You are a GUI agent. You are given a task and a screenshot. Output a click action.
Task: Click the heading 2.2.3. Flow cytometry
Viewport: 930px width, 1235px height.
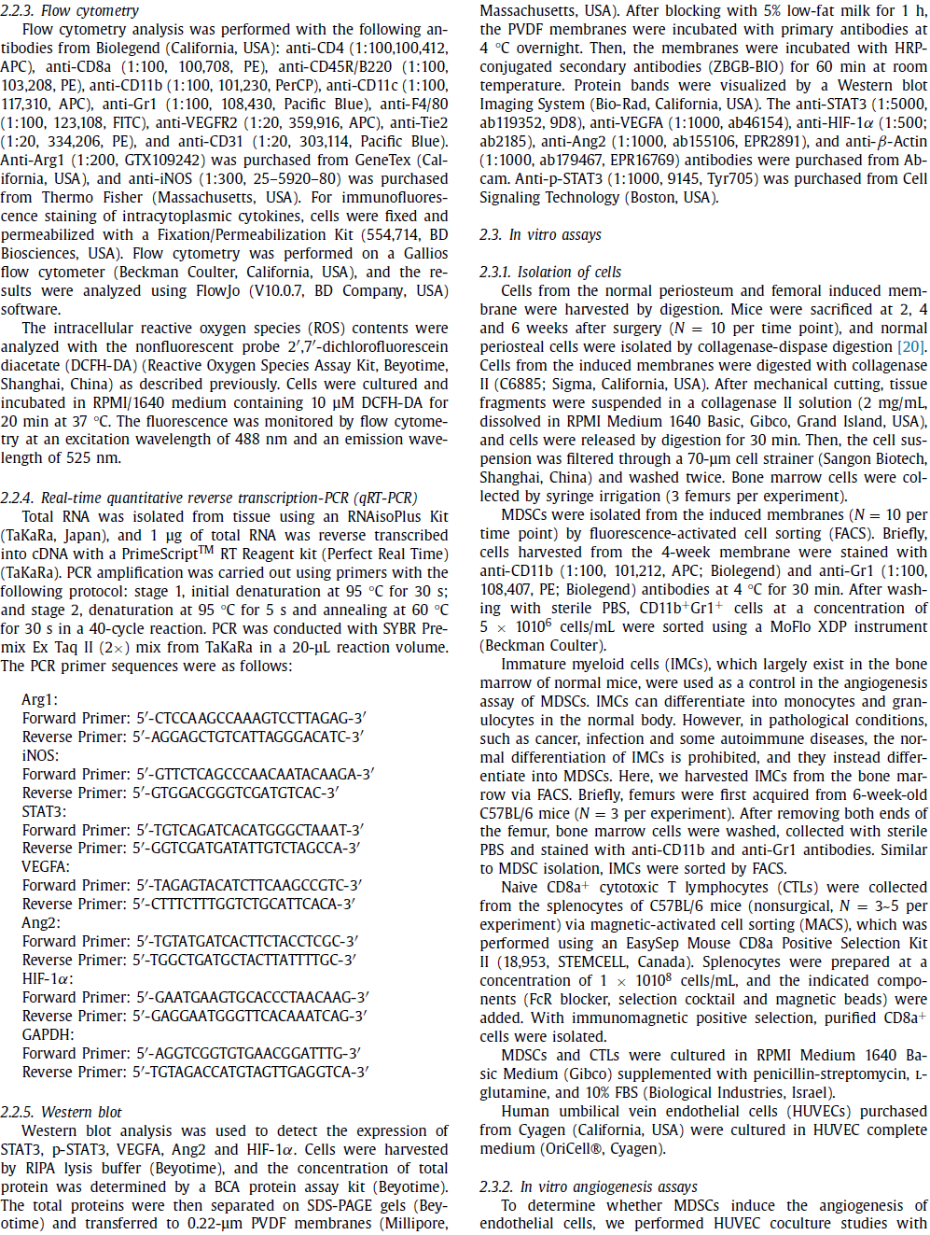point(70,10)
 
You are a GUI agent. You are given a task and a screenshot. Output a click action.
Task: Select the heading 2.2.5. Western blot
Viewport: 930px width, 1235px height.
point(62,1112)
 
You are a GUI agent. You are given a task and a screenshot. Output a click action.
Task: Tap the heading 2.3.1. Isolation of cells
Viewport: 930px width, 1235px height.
point(550,272)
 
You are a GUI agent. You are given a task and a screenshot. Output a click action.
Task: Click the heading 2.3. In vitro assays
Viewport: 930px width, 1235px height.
point(541,234)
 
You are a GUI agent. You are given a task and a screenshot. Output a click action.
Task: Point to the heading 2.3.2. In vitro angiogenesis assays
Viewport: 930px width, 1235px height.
point(589,1186)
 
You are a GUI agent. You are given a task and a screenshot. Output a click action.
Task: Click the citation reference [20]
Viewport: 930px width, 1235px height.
point(911,346)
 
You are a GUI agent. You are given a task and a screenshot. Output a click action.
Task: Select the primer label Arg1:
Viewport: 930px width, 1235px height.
point(40,699)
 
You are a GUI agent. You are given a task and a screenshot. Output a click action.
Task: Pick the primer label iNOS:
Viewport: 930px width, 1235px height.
point(40,755)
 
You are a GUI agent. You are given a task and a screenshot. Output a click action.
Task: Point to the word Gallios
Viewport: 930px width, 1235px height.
point(425,253)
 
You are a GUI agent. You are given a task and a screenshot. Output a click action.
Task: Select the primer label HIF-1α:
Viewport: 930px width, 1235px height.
point(48,978)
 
